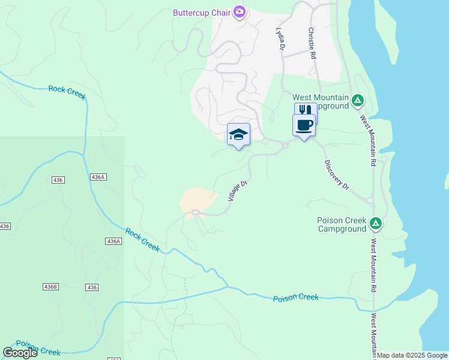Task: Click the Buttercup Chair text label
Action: coord(202,13)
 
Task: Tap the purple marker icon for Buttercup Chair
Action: coord(240,11)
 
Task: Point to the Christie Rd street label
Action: coord(312,43)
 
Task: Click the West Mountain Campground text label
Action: coord(320,101)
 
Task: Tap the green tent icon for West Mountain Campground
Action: coord(358,100)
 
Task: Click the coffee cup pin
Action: coord(304,125)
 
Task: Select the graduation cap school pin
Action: coord(238,134)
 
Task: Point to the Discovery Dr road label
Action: coord(337,175)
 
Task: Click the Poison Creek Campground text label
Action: coord(342,224)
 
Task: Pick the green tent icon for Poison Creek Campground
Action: coord(376,224)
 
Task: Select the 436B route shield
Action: coord(51,287)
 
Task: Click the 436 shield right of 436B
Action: coord(91,287)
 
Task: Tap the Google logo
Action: coord(20,353)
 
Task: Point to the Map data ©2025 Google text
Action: coord(412,355)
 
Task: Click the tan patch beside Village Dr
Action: coord(197,199)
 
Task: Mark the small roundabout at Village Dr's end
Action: coord(195,212)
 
